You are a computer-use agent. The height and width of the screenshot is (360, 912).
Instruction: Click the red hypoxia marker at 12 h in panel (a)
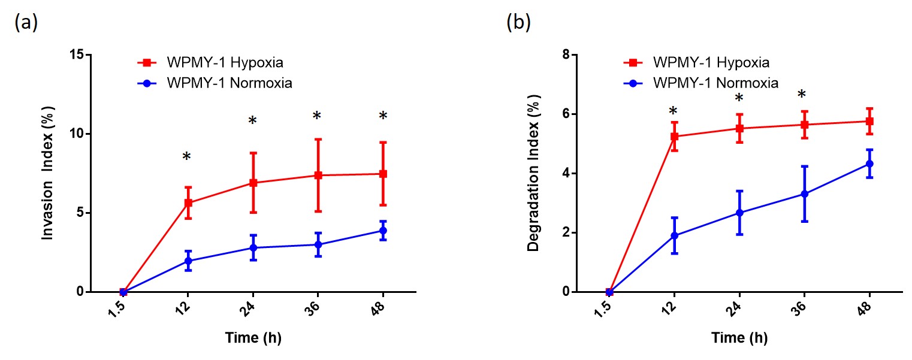[188, 202]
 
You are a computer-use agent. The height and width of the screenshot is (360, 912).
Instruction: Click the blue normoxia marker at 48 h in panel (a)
[383, 231]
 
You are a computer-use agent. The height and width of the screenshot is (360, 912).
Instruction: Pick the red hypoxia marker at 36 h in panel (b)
[804, 125]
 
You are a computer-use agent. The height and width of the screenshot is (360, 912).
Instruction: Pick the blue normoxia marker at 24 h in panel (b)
[739, 213]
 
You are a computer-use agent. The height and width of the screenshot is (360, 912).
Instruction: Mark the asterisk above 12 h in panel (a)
[187, 157]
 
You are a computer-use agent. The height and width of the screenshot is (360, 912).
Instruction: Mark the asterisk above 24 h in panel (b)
[739, 98]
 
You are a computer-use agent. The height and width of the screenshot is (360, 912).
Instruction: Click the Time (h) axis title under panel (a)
[253, 338]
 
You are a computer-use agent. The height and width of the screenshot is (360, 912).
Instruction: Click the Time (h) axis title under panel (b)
[739, 338]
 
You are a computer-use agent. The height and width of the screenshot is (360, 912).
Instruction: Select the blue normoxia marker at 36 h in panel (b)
[804, 194]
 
